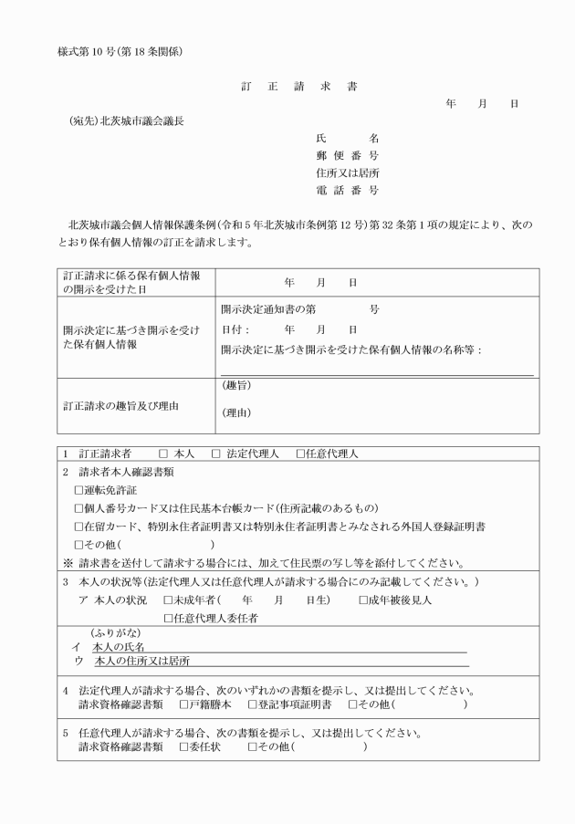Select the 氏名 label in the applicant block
[x=347, y=138]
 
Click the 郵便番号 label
[x=347, y=155]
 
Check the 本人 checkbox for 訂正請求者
[x=163, y=454]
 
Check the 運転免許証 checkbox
[x=78, y=490]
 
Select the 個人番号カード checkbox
[x=78, y=508]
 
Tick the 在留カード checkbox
[x=78, y=527]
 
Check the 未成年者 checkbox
[x=168, y=600]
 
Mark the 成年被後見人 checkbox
[x=363, y=600]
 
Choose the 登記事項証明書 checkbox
[x=252, y=704]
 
